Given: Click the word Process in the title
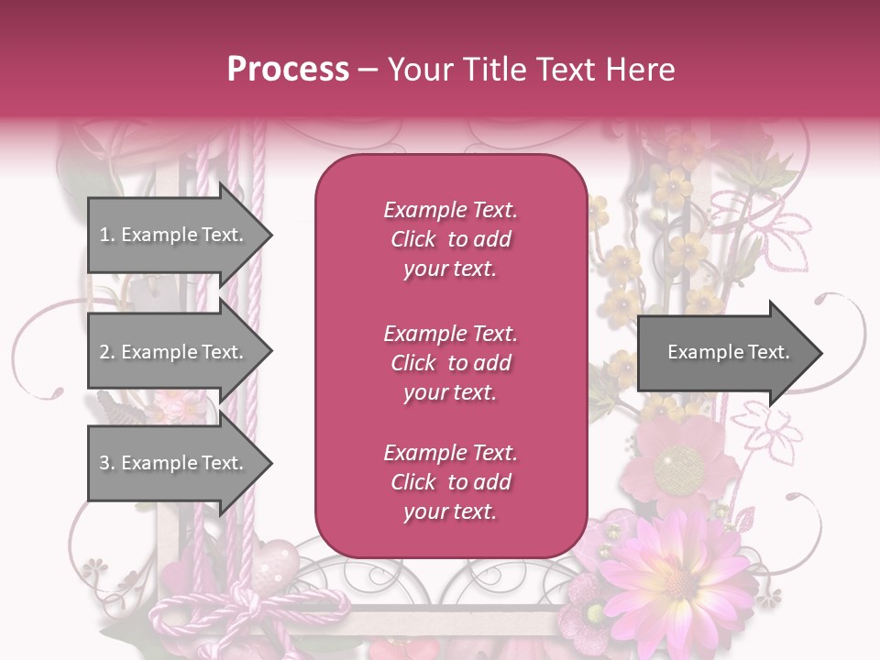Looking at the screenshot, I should pos(288,70).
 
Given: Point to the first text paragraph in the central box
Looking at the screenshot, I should pos(450,239).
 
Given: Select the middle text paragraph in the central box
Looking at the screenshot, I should pos(450,363).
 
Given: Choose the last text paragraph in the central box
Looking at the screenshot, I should pos(450,482).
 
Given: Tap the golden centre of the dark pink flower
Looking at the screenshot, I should pos(679,467).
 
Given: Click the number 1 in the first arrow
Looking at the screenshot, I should pos(104,236).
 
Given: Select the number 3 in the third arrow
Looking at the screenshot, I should pos(104,463).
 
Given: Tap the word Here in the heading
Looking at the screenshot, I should pos(641,70).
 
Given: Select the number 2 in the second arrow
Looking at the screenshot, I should pos(104,352).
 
